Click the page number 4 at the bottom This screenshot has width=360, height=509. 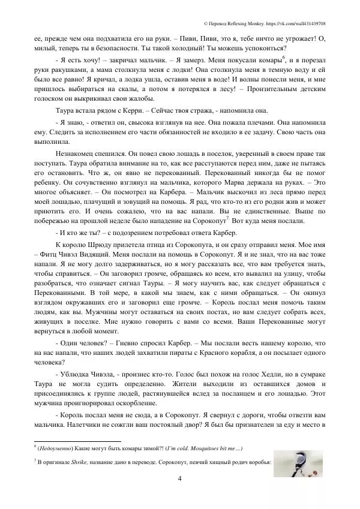point(180,478)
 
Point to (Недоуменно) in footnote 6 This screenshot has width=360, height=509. point(56,447)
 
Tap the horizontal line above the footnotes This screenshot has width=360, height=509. point(79,439)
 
